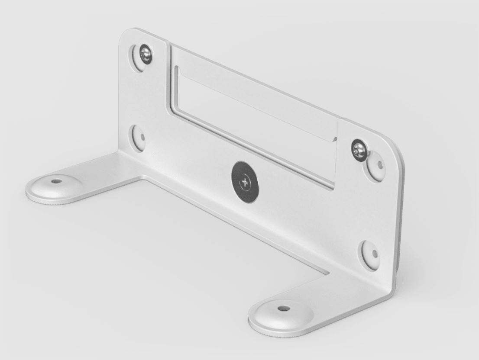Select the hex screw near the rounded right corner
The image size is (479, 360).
tap(359, 150)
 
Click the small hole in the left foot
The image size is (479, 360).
tap(55, 181)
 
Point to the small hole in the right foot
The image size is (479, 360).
tap(284, 309)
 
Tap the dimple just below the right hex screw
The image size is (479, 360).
tap(376, 166)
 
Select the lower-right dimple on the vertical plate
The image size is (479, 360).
tap(370, 254)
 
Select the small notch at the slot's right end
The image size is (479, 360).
tap(334, 139)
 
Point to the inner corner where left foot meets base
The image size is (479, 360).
tap(141, 177)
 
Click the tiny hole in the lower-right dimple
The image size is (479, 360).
tap(374, 254)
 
